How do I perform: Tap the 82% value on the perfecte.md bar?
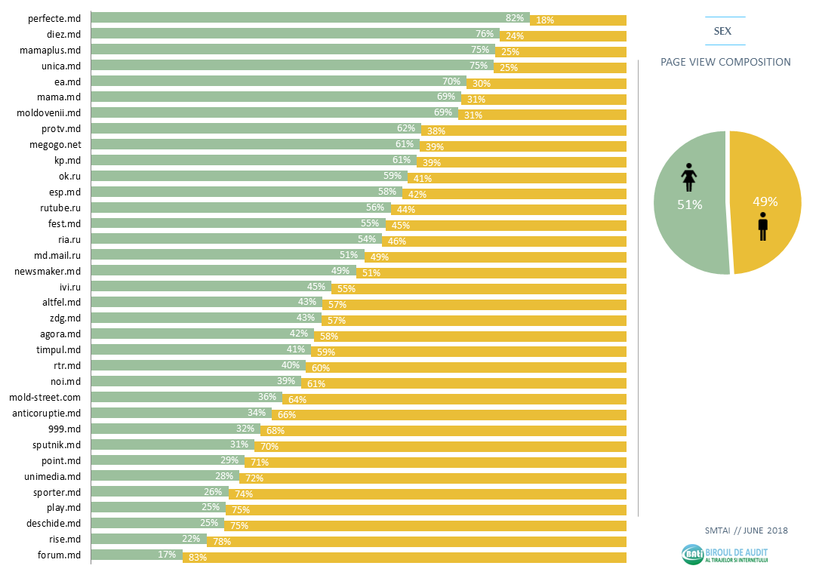(x=515, y=17)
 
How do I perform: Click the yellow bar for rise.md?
(x=423, y=542)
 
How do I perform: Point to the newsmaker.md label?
(x=48, y=271)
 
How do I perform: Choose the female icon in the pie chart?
(x=688, y=178)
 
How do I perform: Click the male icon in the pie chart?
(x=763, y=226)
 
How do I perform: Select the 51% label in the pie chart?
(x=689, y=204)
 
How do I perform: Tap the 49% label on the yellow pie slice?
(x=765, y=201)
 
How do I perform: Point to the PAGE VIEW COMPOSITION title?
(x=725, y=62)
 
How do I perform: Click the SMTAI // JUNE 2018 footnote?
(x=746, y=530)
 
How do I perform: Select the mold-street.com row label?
(x=45, y=398)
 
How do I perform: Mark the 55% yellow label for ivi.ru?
(x=346, y=289)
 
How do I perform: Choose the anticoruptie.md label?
(x=46, y=414)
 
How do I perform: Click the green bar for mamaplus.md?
(x=287, y=50)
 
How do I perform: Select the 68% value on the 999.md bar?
(x=275, y=431)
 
